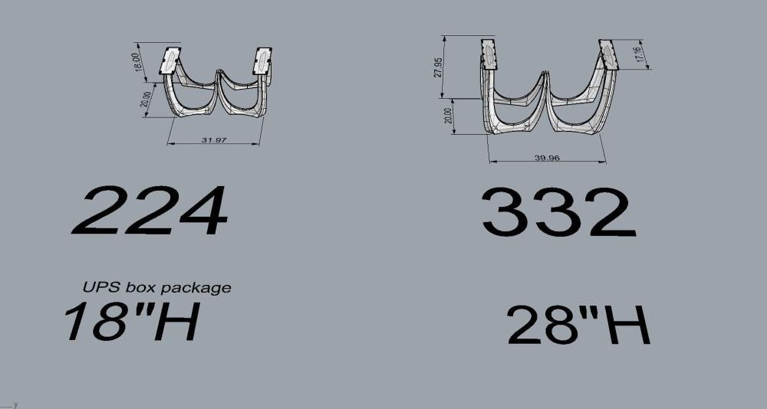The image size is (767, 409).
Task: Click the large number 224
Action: pos(150,210)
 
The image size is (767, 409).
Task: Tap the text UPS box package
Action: pos(156,287)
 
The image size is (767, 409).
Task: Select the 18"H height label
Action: pos(132,321)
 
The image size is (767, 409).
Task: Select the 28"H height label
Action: pos(578,325)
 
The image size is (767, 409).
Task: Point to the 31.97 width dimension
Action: pos(214,140)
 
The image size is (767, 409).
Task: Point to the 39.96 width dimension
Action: pos(547,158)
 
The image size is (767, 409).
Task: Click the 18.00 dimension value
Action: pos(138,62)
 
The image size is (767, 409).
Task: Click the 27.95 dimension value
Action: pos(438,67)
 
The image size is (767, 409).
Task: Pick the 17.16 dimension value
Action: pos(639,52)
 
